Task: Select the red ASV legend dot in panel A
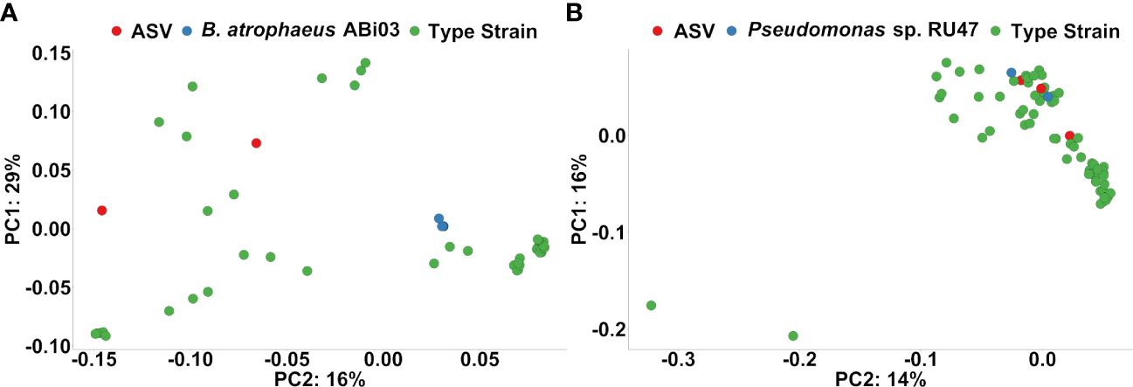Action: point(116,31)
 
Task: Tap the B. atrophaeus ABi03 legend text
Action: point(300,31)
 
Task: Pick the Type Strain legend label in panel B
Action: point(1064,31)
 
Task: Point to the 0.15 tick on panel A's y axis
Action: point(51,53)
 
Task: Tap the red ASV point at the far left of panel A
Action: point(102,211)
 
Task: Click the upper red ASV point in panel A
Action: point(256,143)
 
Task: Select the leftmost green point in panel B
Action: point(651,306)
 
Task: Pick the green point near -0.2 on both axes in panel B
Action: point(793,335)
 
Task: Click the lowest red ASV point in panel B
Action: point(1069,136)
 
